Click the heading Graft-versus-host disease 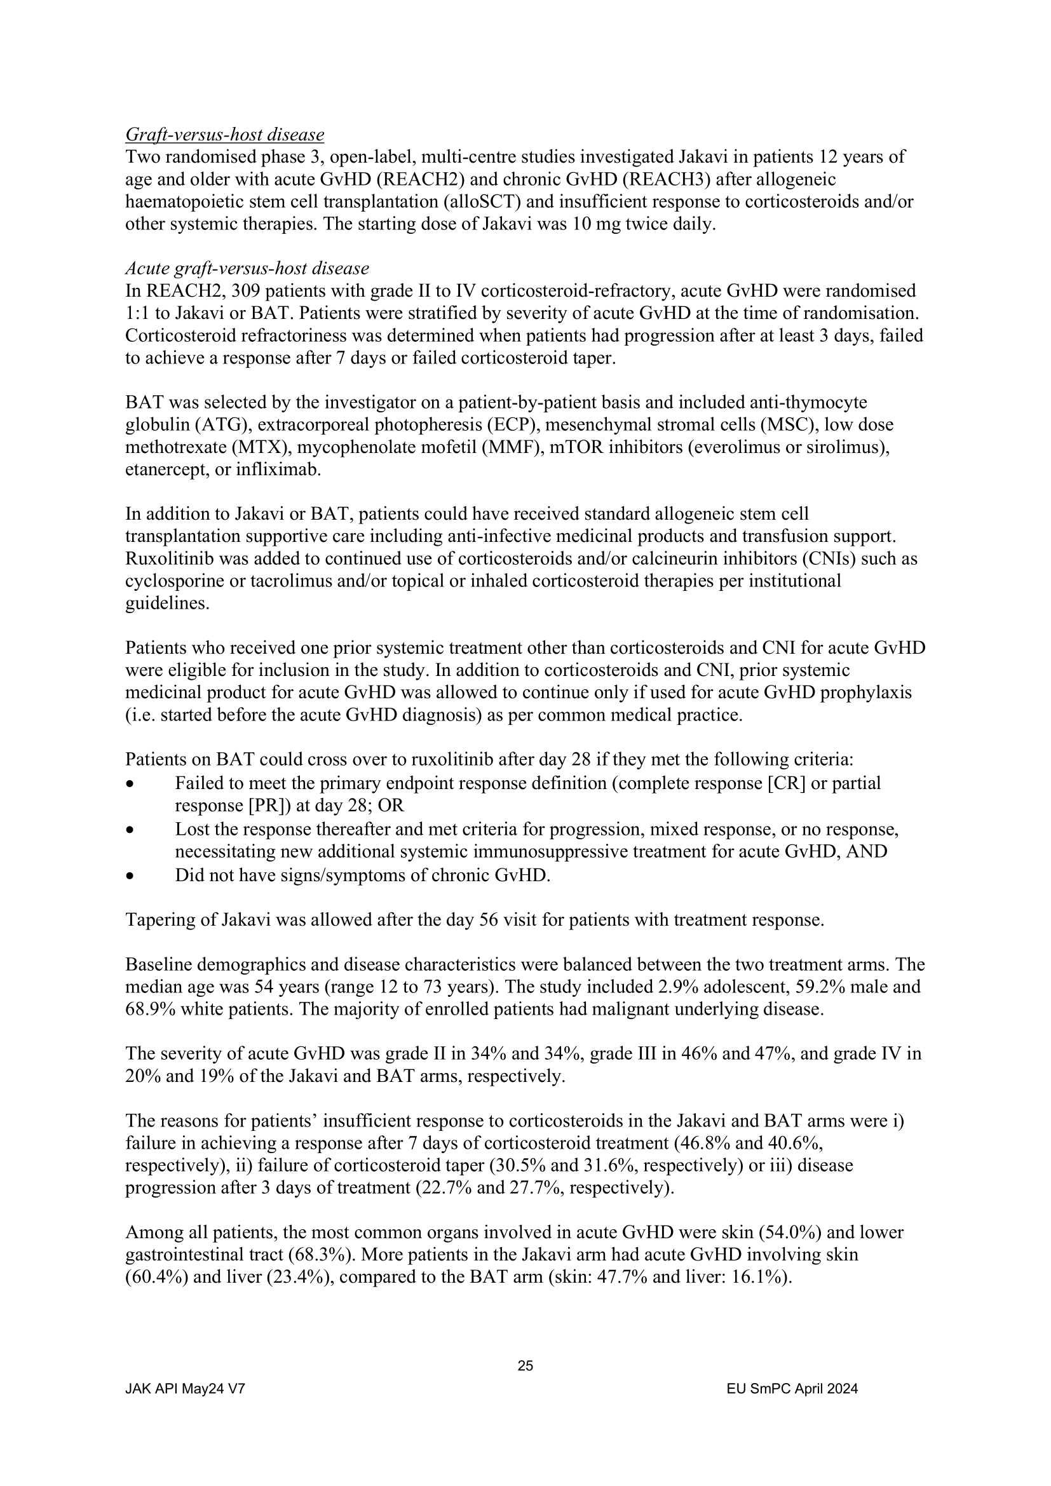coord(224,135)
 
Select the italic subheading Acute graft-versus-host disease coord(247,268)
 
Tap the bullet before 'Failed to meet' coord(131,784)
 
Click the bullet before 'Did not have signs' coord(131,876)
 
